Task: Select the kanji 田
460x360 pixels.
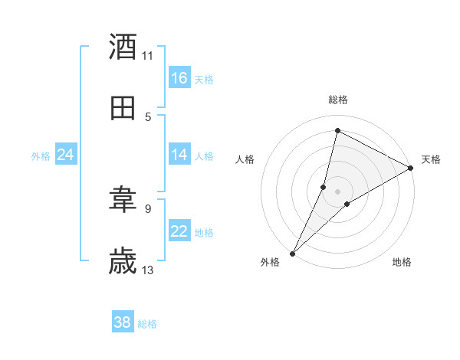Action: (123, 108)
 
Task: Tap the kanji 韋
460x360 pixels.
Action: (123, 201)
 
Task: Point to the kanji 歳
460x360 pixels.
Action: (123, 261)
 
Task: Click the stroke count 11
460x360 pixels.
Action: (148, 55)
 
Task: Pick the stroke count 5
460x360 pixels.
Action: (148, 116)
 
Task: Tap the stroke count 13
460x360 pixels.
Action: (148, 270)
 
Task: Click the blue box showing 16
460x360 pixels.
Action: (179, 78)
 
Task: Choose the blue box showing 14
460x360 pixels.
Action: (179, 155)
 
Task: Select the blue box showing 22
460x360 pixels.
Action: (179, 231)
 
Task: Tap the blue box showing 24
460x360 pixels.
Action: (66, 155)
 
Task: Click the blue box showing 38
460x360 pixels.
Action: (123, 322)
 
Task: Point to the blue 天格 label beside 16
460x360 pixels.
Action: (204, 79)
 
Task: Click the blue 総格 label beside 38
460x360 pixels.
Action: (147, 324)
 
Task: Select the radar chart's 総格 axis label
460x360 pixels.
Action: (338, 100)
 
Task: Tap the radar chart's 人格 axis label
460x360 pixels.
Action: (245, 159)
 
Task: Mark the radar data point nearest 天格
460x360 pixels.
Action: (411, 169)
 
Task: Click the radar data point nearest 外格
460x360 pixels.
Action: (292, 253)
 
